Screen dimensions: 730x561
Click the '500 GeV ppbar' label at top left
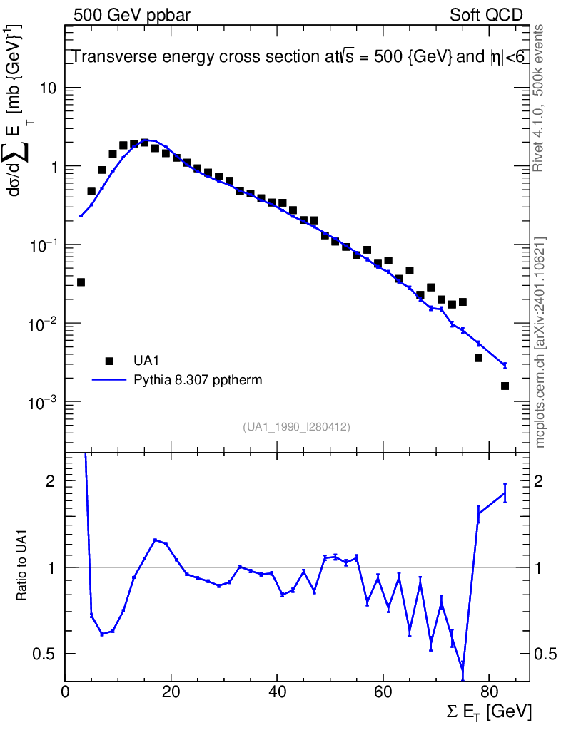[x=132, y=15]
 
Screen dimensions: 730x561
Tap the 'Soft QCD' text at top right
[x=486, y=15]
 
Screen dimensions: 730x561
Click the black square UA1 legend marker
[x=109, y=361]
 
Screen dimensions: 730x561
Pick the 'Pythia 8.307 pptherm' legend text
[x=198, y=380]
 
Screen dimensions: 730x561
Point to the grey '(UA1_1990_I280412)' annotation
[x=296, y=426]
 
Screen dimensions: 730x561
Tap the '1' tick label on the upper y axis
[x=53, y=167]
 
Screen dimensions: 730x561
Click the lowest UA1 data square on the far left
[x=81, y=282]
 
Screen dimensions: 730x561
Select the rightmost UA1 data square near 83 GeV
[x=505, y=386]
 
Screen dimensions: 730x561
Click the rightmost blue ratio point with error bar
[x=505, y=493]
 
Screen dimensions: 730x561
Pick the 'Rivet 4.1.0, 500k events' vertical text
[x=540, y=98]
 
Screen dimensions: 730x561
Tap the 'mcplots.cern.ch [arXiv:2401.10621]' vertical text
[x=540, y=343]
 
